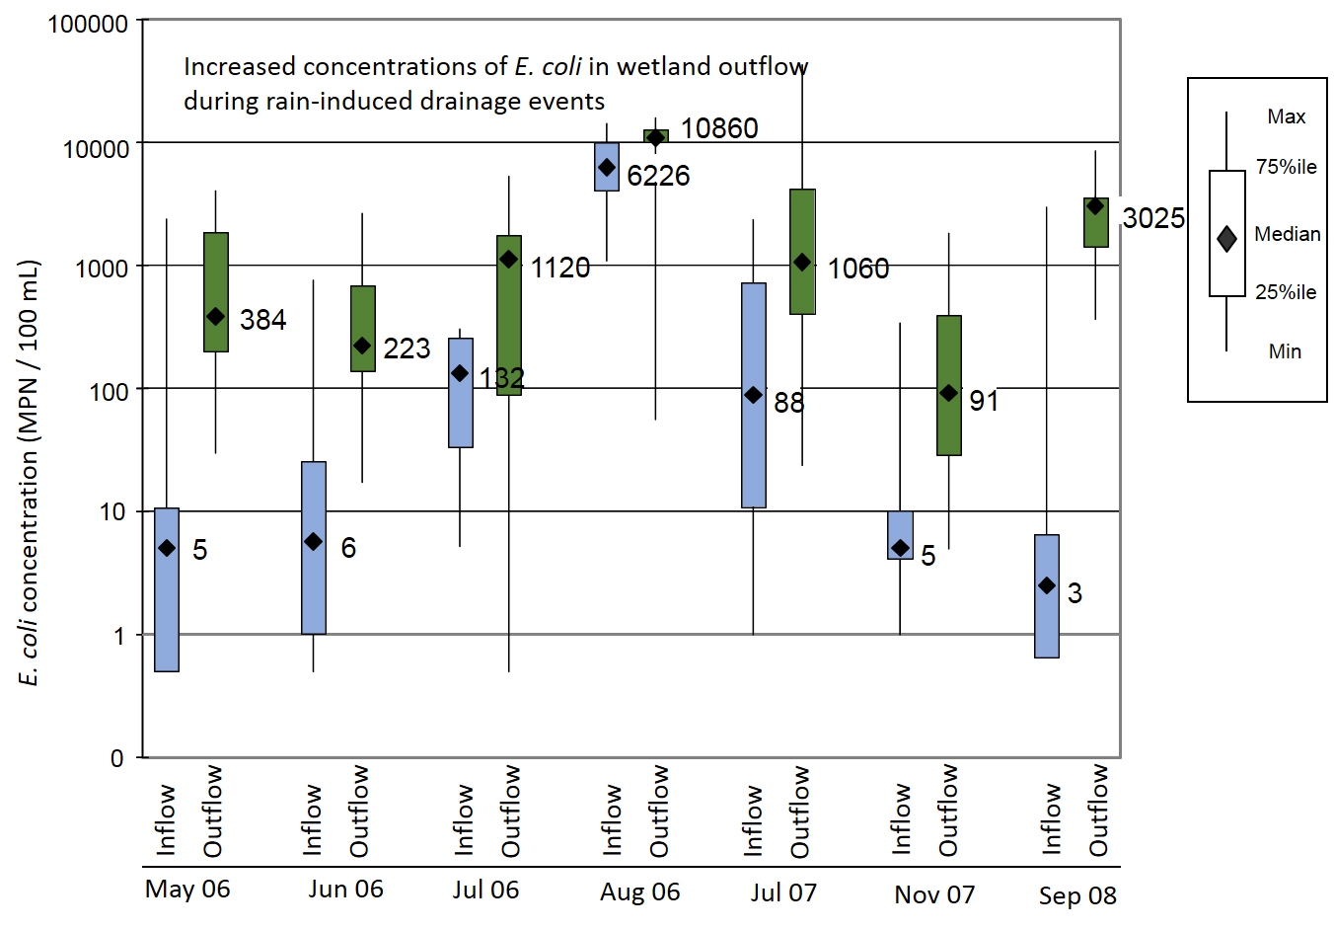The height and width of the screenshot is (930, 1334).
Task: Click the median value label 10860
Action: [719, 128]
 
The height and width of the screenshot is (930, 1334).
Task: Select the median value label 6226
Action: [658, 176]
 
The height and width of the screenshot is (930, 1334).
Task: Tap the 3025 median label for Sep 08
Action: [1153, 218]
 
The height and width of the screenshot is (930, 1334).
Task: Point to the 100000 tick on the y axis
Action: [89, 24]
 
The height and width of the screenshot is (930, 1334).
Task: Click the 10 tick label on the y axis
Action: [113, 511]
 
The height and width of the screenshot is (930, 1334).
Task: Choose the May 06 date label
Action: [187, 889]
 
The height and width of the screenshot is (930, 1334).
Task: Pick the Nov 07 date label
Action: [934, 894]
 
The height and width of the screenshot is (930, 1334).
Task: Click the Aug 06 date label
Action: [640, 892]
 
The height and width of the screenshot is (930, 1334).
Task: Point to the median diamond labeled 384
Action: [216, 317]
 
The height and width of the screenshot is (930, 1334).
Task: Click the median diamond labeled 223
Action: [362, 346]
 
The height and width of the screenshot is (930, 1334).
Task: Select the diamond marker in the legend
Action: [1227, 239]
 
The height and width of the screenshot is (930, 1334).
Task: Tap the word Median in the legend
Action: [1287, 234]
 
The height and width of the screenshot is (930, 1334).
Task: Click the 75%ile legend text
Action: [1286, 167]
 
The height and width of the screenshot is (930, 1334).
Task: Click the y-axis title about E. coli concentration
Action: [29, 474]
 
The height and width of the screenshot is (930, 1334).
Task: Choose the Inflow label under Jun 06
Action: [312, 819]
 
